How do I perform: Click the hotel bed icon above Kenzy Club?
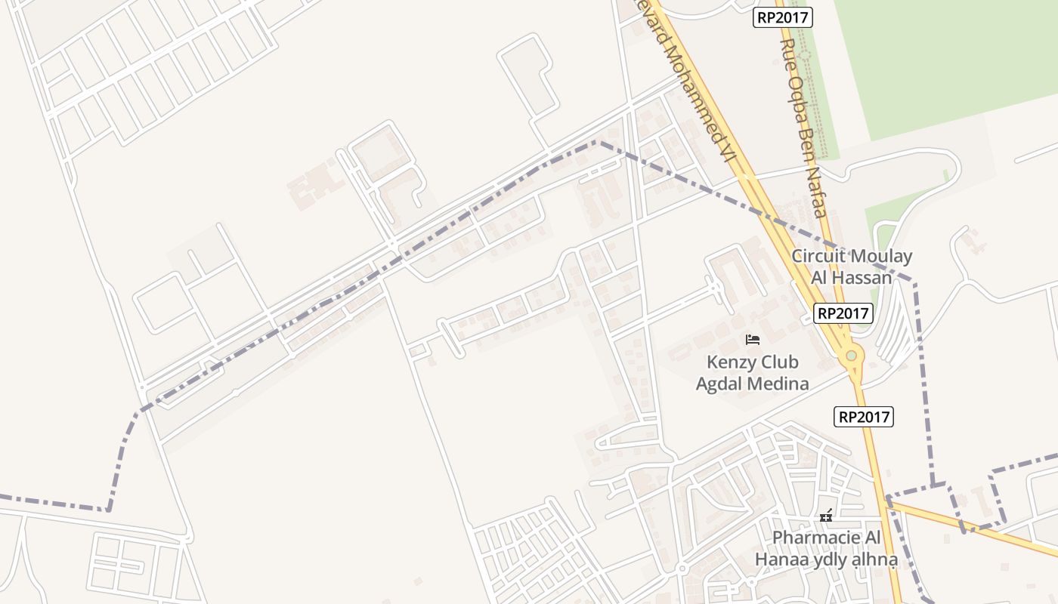click(753, 339)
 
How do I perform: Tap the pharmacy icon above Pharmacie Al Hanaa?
click(826, 516)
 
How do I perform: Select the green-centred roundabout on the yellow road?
click(852, 356)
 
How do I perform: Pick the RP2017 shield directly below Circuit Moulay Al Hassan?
click(843, 313)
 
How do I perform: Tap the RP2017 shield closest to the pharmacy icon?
click(864, 416)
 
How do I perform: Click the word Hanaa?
click(781, 559)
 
